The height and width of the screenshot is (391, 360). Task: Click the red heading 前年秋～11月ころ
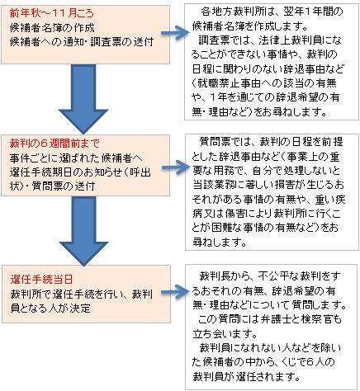pos(52,13)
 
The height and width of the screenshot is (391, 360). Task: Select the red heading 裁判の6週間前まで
pos(54,144)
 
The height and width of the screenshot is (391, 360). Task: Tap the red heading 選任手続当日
pos(41,280)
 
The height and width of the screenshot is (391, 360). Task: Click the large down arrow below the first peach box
pos(83,99)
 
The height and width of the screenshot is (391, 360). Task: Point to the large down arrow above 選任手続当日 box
pos(83,231)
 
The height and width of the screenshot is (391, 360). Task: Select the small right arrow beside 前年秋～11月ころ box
pos(176,33)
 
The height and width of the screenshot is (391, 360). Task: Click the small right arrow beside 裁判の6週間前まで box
pos(176,167)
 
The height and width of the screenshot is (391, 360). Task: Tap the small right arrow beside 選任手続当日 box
pos(176,292)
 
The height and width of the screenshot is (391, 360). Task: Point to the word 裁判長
pos(215,276)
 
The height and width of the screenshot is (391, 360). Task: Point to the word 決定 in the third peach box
pos(80,309)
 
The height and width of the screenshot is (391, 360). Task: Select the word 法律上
pos(273,40)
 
